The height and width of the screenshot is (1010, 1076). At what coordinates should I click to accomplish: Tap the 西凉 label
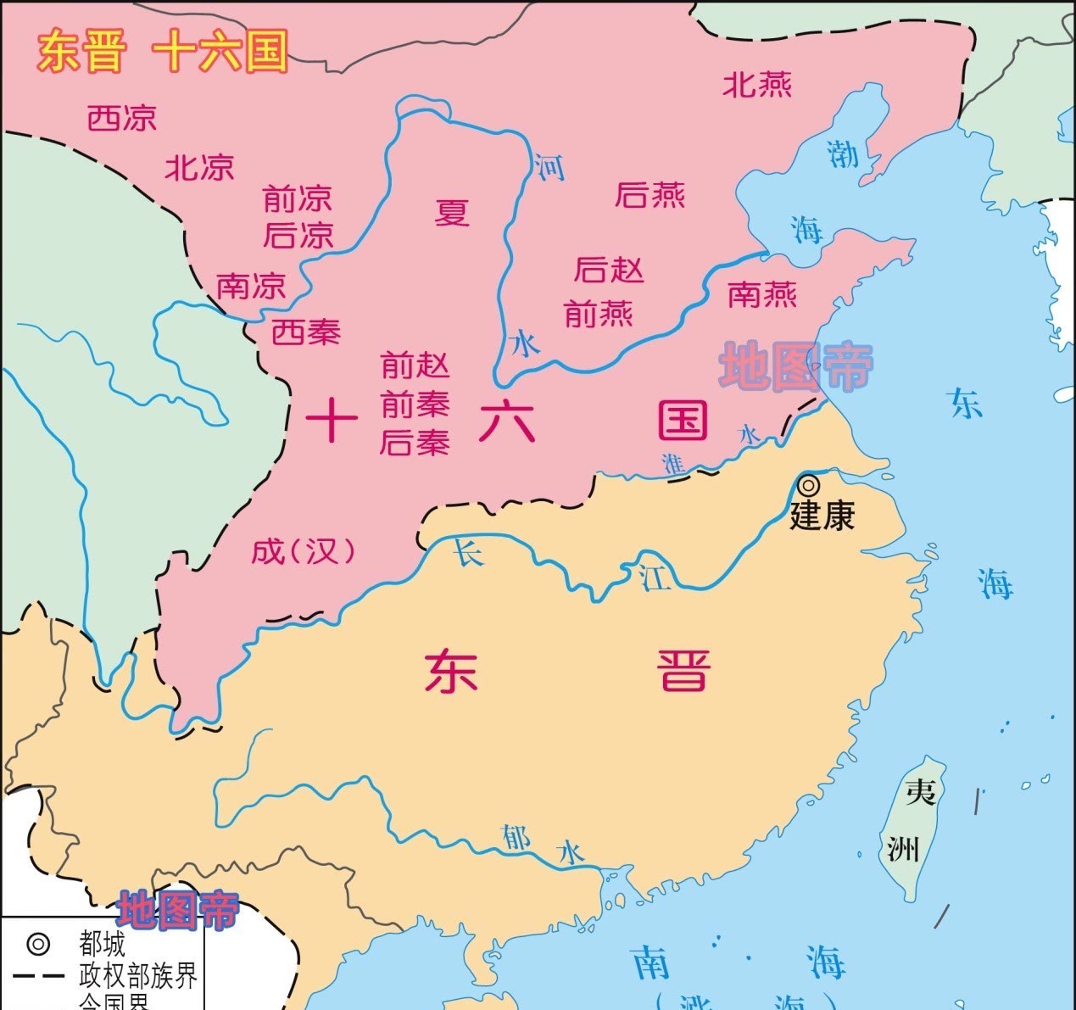pos(122,118)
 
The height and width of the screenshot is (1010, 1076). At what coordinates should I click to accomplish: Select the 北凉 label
pos(199,167)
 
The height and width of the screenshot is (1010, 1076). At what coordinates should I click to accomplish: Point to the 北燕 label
pos(757,85)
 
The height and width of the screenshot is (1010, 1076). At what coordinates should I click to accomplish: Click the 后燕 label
pos(650,196)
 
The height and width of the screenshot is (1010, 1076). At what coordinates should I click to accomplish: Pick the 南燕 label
pos(762,295)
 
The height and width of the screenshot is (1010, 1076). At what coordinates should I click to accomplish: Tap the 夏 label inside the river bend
pos(452,212)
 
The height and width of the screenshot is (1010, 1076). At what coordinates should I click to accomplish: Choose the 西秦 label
pos(305,332)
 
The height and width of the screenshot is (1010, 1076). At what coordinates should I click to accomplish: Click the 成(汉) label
pos(303,551)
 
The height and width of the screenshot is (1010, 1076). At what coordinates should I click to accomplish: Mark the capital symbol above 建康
pos(809,485)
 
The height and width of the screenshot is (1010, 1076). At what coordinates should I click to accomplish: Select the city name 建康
pos(822,516)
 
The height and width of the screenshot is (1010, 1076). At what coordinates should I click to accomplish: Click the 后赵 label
pos(609,270)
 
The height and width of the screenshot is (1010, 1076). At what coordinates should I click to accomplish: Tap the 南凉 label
pos(251,286)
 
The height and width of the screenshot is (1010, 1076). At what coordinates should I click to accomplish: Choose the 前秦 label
pos(415,405)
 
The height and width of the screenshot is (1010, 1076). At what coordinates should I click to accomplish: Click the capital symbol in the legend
pos(38,943)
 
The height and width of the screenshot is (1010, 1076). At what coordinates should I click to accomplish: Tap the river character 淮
pos(674,463)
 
